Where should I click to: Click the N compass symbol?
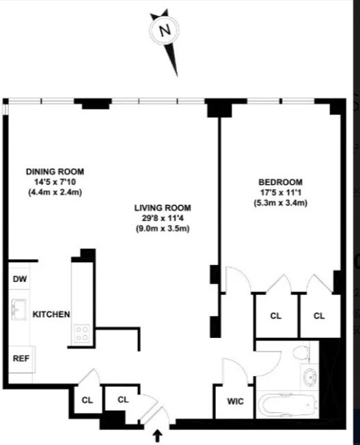pos(164,31)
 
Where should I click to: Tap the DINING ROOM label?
pos(55,171)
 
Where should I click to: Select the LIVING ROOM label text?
pos(163,207)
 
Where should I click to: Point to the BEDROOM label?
pos(280,182)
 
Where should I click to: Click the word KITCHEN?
pos(52,315)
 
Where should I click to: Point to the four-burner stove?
pos(82,332)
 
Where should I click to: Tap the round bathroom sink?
pos(311,376)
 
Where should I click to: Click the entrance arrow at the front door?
pos(158,435)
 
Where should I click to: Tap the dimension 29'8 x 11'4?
pos(163,218)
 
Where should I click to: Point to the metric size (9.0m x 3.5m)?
pos(163,228)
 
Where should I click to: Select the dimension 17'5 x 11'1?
pos(280,192)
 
